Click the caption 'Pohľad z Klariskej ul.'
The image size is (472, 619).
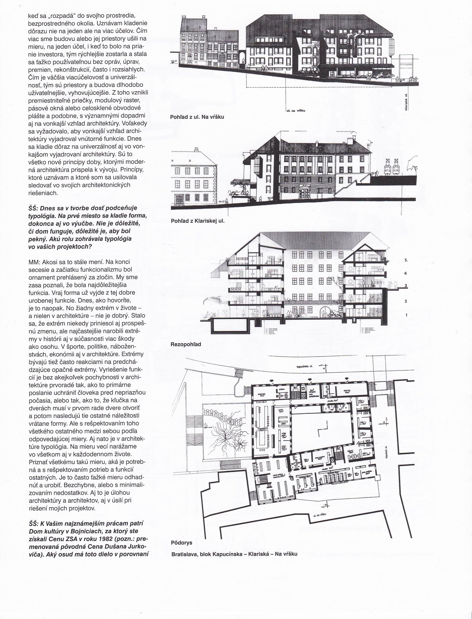point(197,221)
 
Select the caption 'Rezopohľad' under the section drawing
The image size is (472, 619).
point(186,344)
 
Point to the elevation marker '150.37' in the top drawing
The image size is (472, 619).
point(175,61)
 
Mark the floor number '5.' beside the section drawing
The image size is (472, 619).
point(406,260)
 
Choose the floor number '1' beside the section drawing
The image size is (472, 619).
point(406,315)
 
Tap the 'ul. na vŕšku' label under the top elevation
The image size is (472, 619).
point(296,111)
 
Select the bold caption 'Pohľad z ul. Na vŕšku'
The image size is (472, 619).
point(197,117)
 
